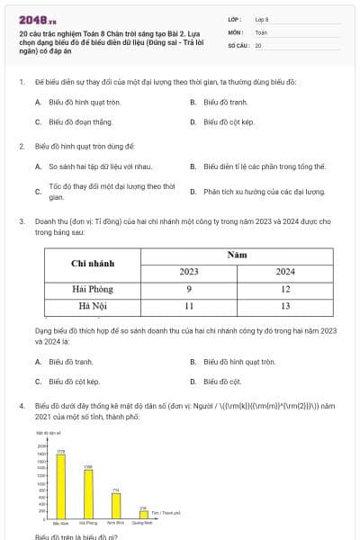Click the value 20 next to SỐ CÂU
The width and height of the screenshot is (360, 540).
(258, 44)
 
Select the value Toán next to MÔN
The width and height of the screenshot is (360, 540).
(261, 31)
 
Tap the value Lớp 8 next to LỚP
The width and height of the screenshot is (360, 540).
(262, 19)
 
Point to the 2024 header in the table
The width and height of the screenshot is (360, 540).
(284, 271)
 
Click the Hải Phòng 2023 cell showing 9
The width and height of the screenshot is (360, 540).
(189, 289)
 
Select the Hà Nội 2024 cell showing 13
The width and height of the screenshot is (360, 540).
(284, 306)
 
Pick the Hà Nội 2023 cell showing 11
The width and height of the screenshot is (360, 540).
(189, 306)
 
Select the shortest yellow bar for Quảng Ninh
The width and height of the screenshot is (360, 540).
(142, 513)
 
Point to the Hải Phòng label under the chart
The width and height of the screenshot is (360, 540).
(87, 522)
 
